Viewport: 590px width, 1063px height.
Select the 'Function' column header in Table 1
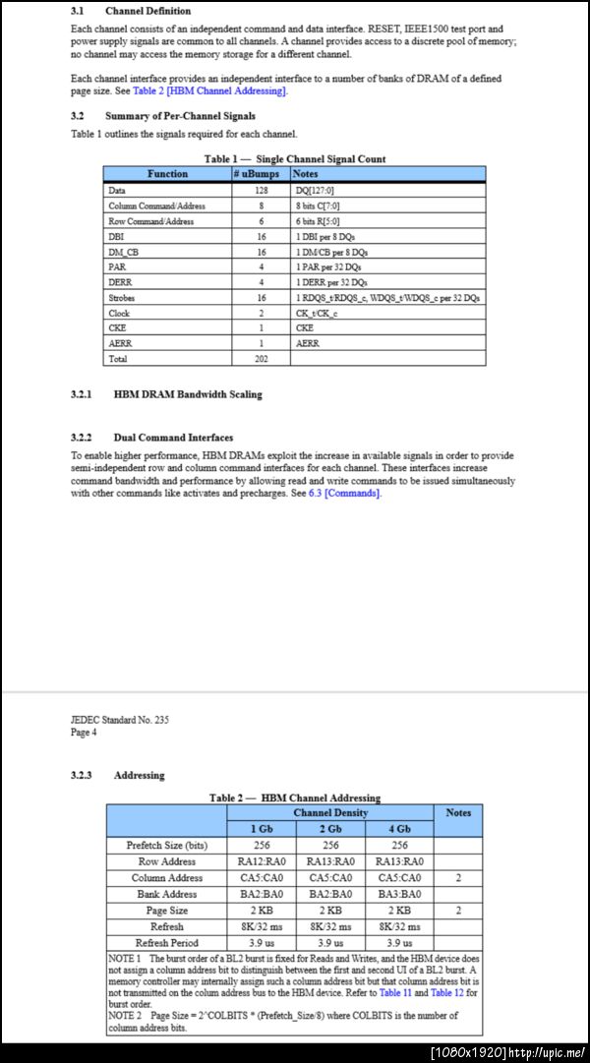pos(167,174)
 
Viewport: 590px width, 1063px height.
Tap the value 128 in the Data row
pos(261,190)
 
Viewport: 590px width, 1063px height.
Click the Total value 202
pos(261,359)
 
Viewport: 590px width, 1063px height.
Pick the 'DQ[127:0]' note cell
pos(316,190)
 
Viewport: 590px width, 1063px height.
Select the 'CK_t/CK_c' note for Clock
pos(316,313)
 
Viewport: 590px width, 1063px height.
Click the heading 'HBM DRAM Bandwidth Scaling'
pos(188,394)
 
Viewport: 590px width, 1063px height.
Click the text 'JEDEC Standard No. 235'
pos(119,720)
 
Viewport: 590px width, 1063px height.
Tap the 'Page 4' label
pos(84,733)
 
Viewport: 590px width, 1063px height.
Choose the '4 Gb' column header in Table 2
pos(398,829)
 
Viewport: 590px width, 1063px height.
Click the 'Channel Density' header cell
pos(330,812)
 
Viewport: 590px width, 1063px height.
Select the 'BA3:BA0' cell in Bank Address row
pos(398,894)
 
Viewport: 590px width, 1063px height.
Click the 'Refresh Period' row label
pos(166,943)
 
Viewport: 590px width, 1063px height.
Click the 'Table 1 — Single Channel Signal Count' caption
pos(295,158)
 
